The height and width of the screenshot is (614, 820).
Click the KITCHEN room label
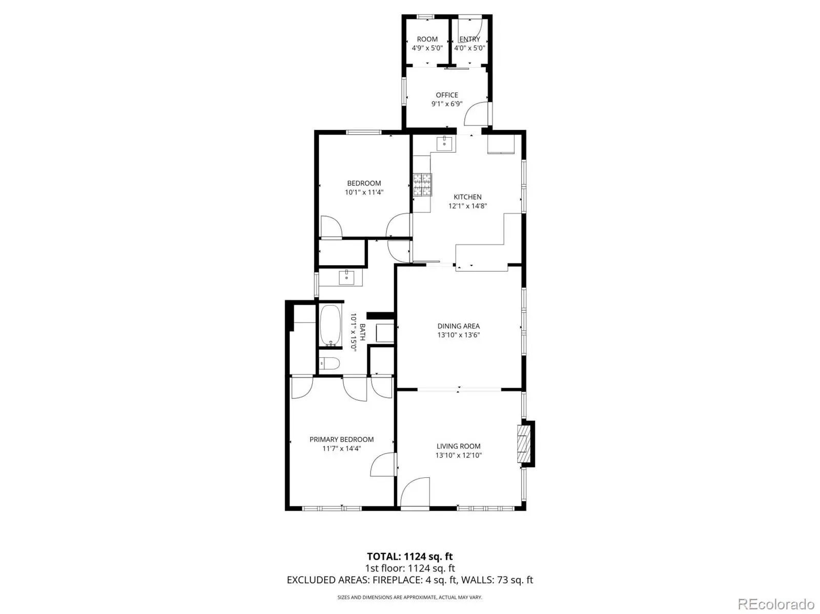(467, 197)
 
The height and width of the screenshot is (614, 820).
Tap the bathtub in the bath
(330, 326)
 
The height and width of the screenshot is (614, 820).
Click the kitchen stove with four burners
(422, 184)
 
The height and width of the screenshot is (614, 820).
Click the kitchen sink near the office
(444, 143)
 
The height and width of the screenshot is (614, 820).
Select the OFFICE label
(447, 95)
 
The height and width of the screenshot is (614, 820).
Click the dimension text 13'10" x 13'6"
(458, 335)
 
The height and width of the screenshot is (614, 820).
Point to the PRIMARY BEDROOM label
(341, 439)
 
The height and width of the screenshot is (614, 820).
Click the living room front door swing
(415, 492)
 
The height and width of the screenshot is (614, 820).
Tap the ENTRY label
(469, 39)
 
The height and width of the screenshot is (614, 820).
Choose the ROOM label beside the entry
(427, 39)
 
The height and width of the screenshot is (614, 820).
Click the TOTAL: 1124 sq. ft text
(409, 557)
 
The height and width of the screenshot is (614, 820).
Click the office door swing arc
(476, 114)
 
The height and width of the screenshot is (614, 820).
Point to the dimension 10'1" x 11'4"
(364, 192)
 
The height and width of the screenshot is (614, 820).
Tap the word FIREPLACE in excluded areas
(395, 580)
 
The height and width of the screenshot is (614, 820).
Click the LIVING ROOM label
(458, 446)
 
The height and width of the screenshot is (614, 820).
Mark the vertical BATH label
(362, 332)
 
